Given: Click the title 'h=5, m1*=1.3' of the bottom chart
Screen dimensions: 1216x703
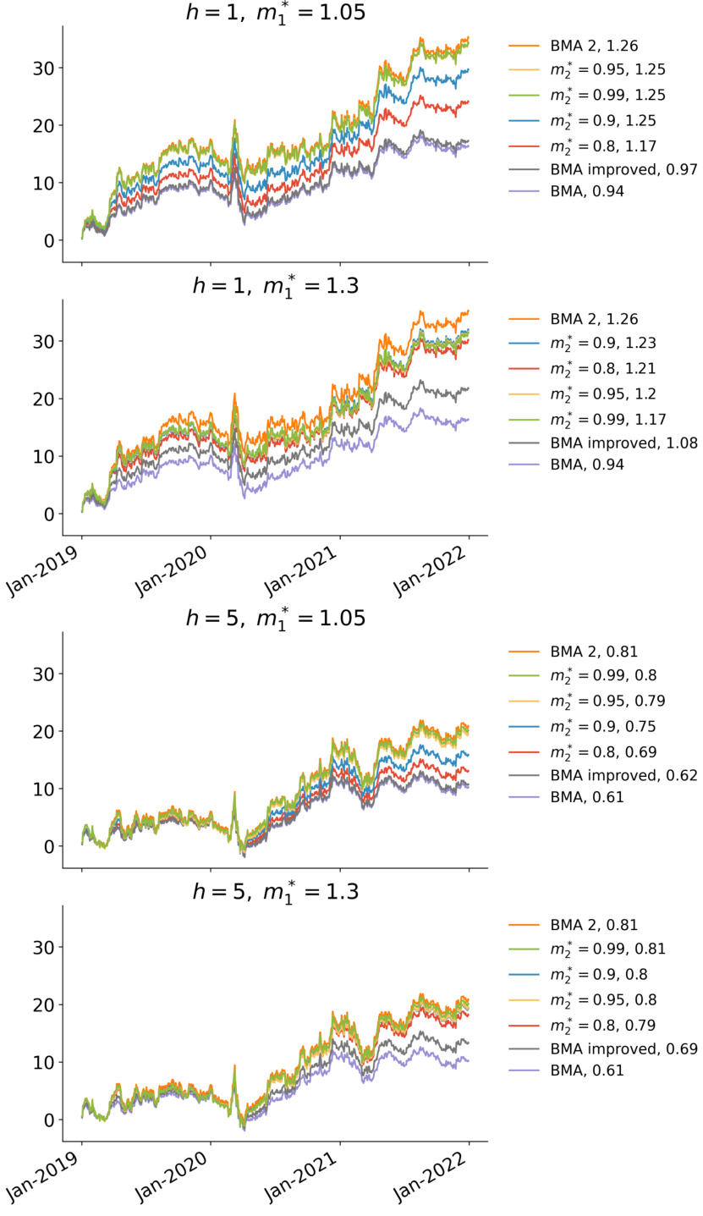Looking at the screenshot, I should click(276, 891).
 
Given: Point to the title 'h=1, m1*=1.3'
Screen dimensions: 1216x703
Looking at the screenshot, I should click(276, 286).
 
